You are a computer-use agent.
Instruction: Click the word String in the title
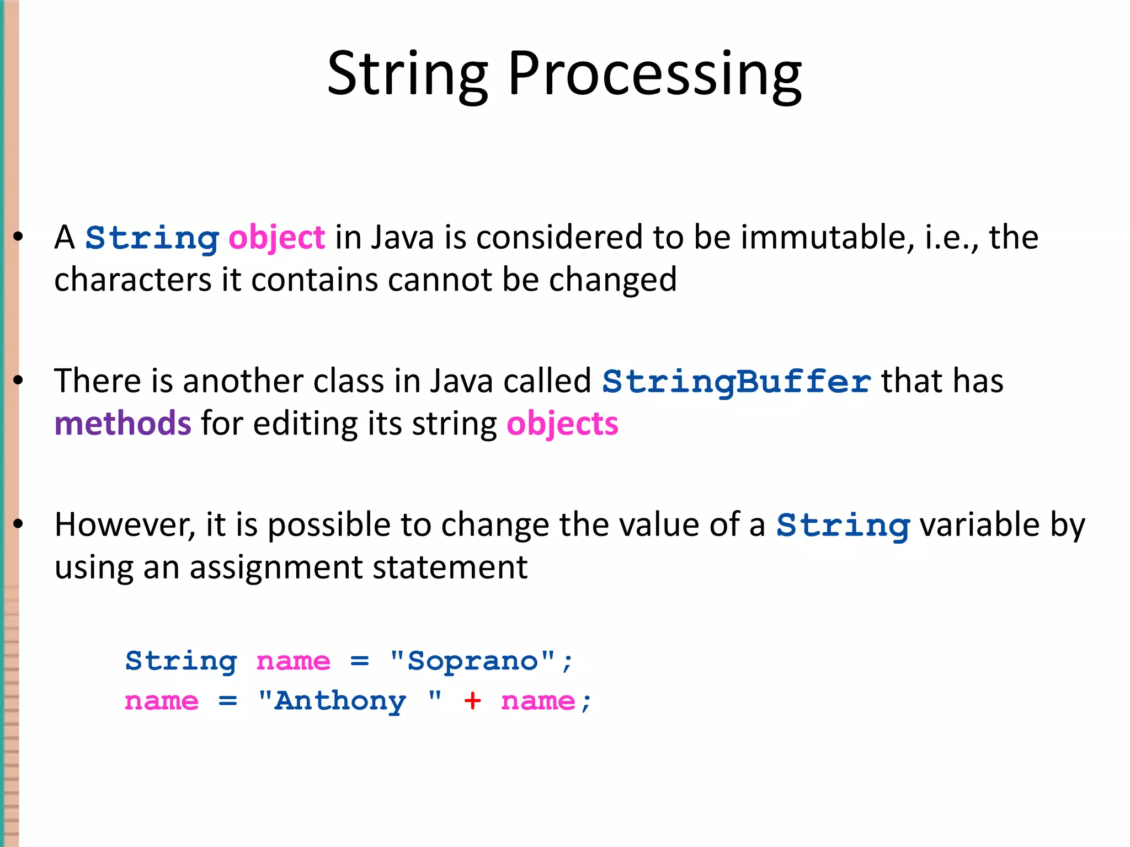(x=407, y=74)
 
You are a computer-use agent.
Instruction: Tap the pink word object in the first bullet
(x=276, y=238)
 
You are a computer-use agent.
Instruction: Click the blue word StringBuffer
(x=737, y=382)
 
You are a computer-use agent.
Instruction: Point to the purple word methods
(x=122, y=423)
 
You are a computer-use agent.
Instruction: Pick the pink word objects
(x=562, y=424)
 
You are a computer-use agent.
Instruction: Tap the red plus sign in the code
(x=472, y=701)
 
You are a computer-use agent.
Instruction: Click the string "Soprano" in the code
(x=472, y=661)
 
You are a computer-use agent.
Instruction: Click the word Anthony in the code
(x=340, y=701)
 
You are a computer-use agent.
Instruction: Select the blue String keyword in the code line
(x=181, y=661)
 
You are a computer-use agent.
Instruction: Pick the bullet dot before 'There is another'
(x=18, y=380)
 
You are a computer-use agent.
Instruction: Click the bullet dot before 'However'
(x=18, y=524)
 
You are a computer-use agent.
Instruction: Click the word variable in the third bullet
(x=979, y=525)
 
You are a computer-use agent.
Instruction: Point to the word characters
(x=132, y=280)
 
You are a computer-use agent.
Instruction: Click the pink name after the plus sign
(x=538, y=701)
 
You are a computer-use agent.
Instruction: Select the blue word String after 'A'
(x=152, y=238)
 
